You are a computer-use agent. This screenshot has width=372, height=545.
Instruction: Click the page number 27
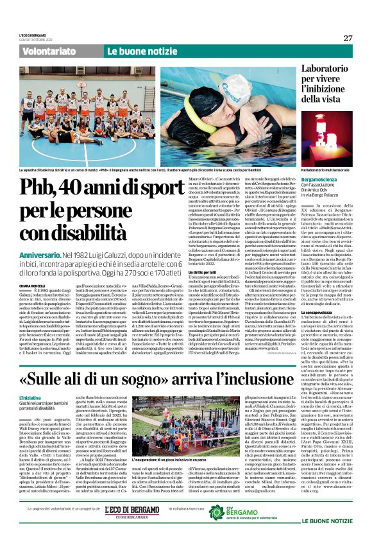348,38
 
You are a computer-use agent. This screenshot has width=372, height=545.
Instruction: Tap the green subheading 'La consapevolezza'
321,315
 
